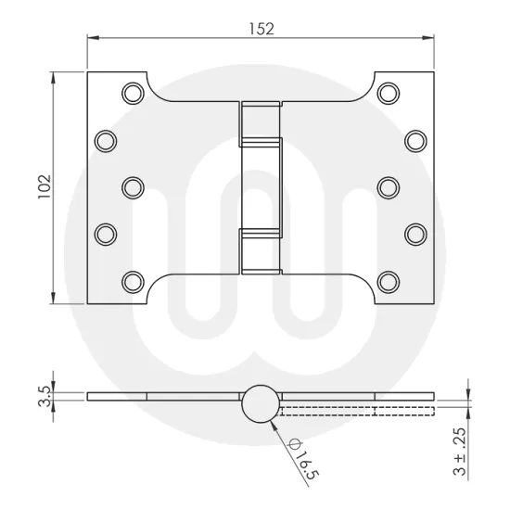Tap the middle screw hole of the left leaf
[134, 185]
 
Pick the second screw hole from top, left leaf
[107, 140]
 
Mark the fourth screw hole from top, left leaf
[107, 232]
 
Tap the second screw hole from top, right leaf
[414, 140]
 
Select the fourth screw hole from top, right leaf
[414, 232]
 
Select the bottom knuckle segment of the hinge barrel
[261, 252]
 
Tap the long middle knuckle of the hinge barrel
[261, 185]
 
